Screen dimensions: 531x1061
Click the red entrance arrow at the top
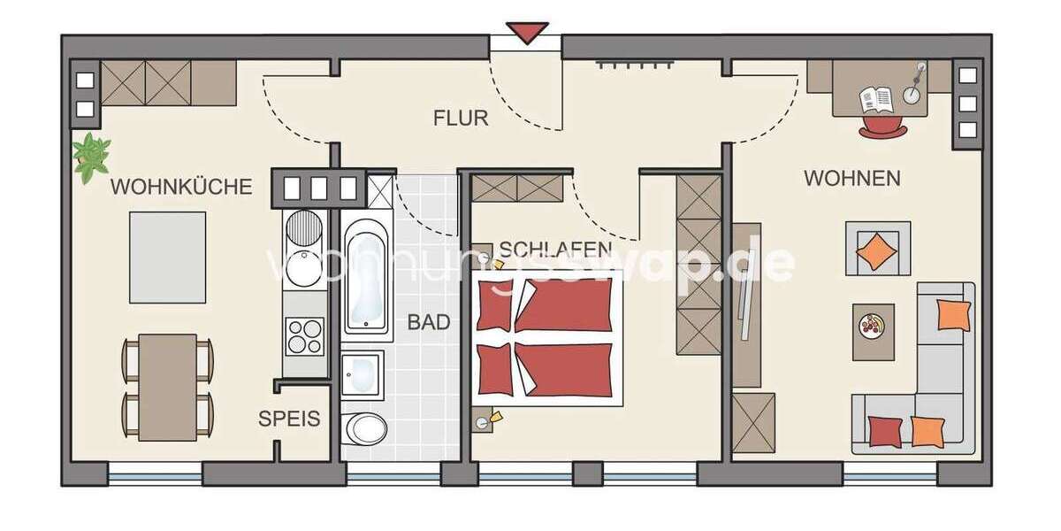click(x=528, y=33)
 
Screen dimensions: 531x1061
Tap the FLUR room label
click(x=461, y=118)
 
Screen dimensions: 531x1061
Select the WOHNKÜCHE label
click(x=181, y=187)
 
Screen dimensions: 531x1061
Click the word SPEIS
click(x=289, y=419)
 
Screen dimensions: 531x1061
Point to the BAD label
click(x=429, y=322)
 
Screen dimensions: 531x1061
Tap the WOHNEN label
click(x=851, y=178)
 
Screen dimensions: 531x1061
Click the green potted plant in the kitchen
click(x=91, y=158)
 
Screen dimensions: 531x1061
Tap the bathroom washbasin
click(x=363, y=375)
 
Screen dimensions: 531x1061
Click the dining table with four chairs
click(x=167, y=385)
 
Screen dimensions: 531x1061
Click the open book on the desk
click(x=877, y=99)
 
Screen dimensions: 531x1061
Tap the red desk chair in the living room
click(x=882, y=127)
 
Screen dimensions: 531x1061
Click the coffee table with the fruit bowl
click(x=873, y=331)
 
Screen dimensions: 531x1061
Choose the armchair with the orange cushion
click(x=877, y=250)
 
